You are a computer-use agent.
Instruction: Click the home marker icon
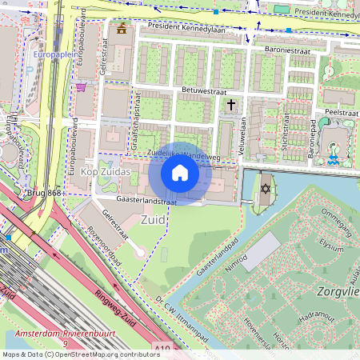(180, 173)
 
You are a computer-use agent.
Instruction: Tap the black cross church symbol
(232, 105)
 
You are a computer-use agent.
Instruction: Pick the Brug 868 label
(42, 193)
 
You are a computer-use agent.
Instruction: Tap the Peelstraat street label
(340, 113)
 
